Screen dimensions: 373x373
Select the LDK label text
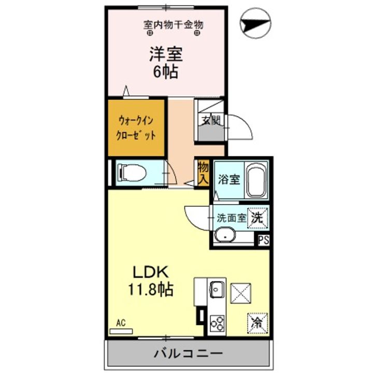tap(150, 272)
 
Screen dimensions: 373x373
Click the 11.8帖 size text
tap(150, 289)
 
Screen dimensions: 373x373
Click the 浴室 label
tap(228, 180)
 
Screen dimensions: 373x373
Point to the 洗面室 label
tap(231, 219)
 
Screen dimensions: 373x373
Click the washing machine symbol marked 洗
tap(257, 218)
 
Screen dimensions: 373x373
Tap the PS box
tap(264, 240)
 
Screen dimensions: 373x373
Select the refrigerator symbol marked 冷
tap(256, 322)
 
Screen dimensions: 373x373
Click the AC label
tap(121, 322)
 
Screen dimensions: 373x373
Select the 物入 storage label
tap(203, 173)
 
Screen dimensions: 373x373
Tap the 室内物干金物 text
tap(173, 24)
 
